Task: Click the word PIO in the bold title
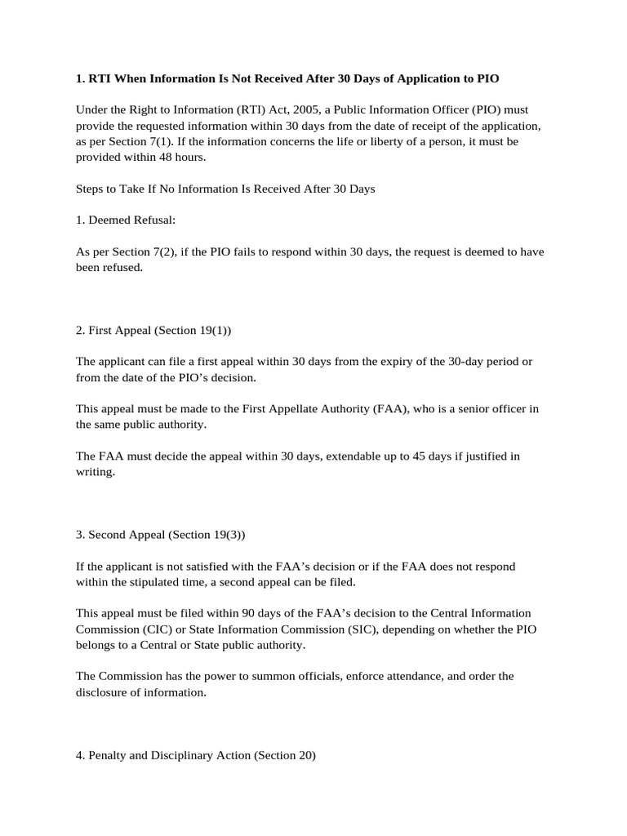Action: click(487, 78)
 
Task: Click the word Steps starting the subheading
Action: click(91, 189)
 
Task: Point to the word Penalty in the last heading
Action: click(106, 755)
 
